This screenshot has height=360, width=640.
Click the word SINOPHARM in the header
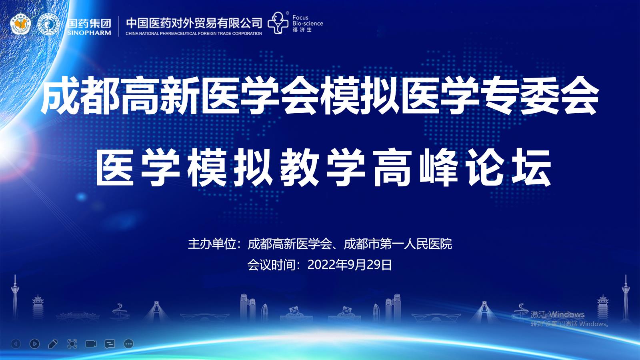[x=89, y=32]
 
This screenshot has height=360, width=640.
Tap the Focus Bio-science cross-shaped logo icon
[x=278, y=23]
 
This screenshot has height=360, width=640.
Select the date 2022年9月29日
[x=350, y=265]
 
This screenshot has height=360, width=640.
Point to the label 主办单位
[x=212, y=244]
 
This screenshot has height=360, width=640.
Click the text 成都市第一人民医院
[x=398, y=244]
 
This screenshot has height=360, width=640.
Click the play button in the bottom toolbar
[x=34, y=344]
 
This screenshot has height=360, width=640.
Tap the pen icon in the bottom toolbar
[x=53, y=344]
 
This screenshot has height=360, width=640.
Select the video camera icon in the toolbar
[x=91, y=344]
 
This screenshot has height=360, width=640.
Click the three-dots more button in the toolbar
[x=128, y=344]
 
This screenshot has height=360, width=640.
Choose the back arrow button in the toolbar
[x=16, y=344]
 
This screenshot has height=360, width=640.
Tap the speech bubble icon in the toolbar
[x=110, y=344]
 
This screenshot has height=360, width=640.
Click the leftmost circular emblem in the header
[x=20, y=24]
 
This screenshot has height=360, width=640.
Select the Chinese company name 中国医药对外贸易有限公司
[x=194, y=23]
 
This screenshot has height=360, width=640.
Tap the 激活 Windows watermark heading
[x=558, y=314]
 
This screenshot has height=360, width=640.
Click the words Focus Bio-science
[x=308, y=20]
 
